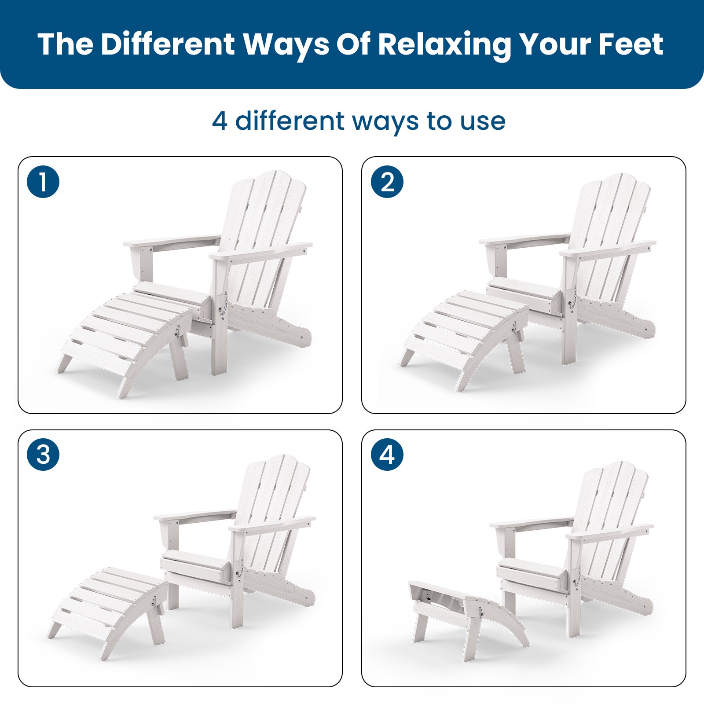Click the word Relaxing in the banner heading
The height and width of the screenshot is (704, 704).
444,45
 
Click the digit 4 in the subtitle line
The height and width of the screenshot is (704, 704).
220,121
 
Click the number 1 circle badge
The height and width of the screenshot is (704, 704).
43,181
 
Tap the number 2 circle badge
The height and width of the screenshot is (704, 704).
387,181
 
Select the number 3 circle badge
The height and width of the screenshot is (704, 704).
43,454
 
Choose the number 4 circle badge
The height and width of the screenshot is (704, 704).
387,454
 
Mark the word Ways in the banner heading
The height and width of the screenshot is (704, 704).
286,45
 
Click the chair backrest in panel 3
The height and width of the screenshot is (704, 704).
273,519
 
